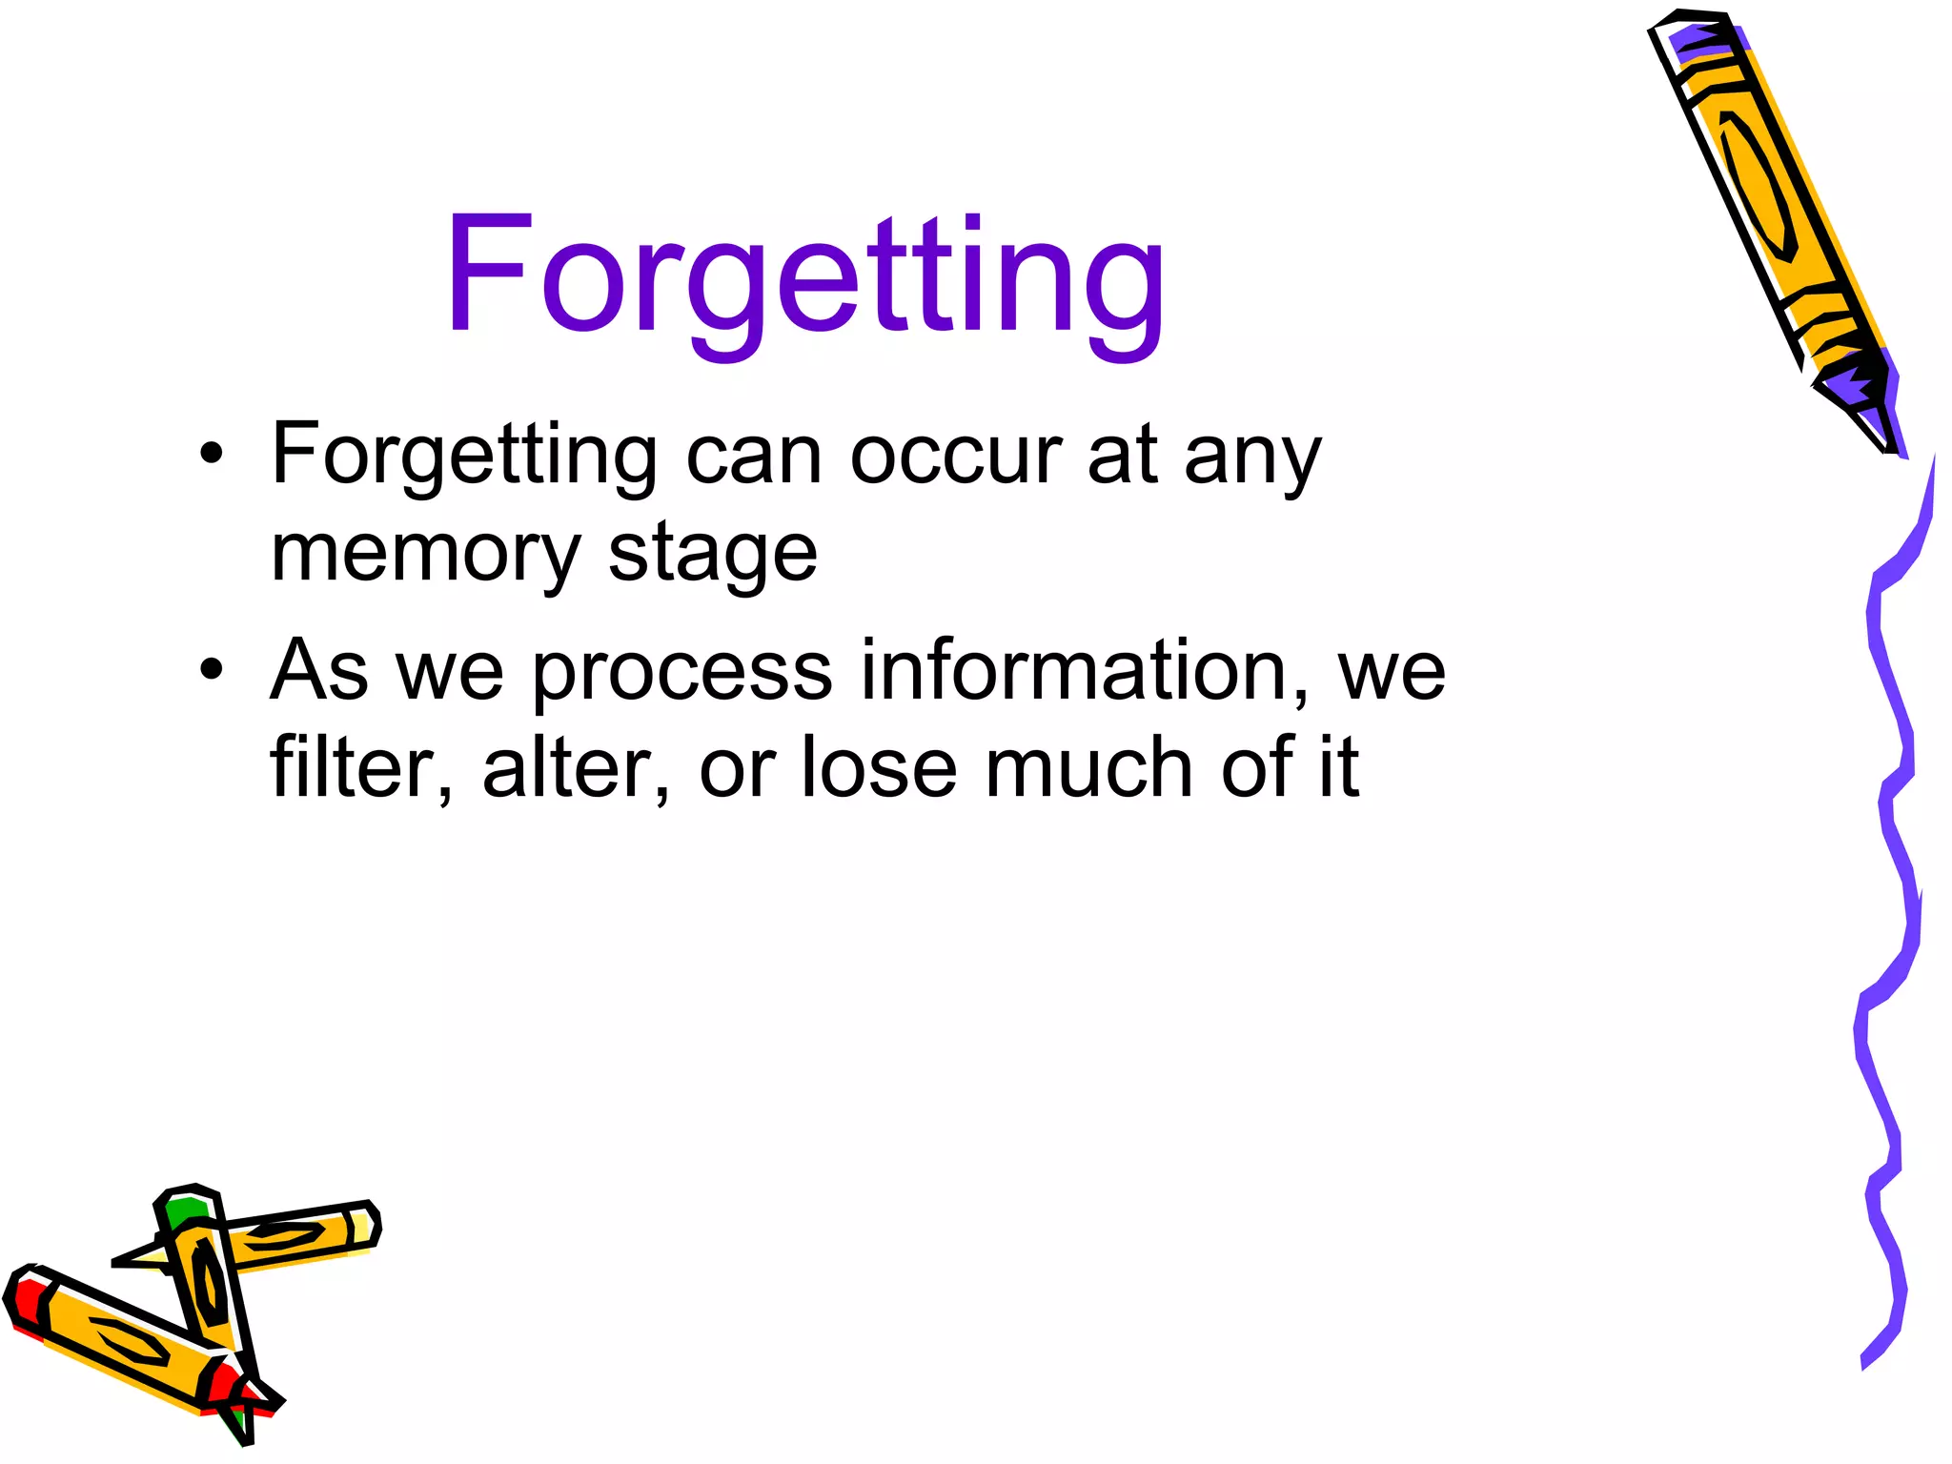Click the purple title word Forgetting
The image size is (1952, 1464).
[805, 276]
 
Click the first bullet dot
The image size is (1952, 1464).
[212, 454]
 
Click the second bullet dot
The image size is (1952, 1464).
[212, 669]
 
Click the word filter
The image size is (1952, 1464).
[353, 767]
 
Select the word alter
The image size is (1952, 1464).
[568, 767]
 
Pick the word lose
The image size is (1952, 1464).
[878, 767]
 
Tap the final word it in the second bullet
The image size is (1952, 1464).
[1339, 767]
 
